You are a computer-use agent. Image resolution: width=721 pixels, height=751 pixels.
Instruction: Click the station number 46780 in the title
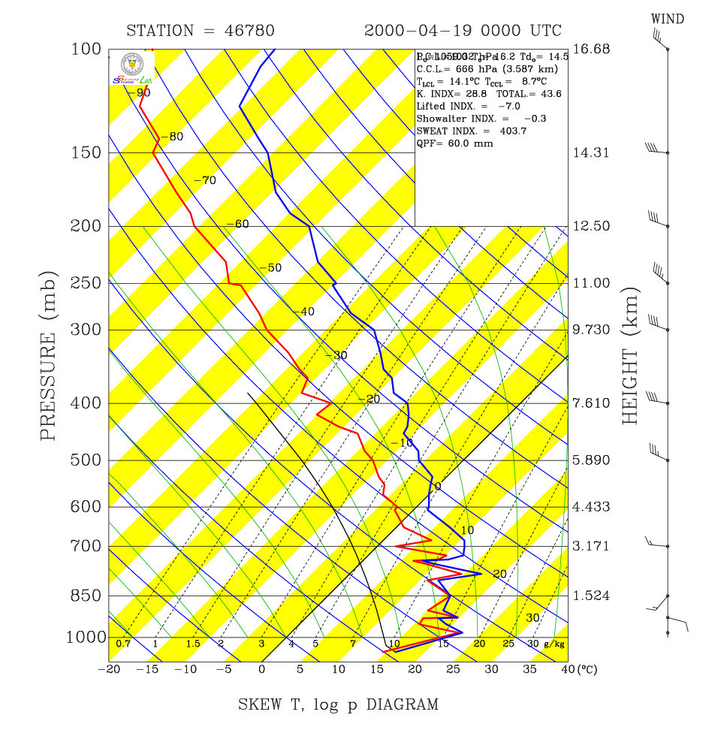(x=249, y=31)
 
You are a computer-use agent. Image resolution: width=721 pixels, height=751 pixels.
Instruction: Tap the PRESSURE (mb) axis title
(x=49, y=342)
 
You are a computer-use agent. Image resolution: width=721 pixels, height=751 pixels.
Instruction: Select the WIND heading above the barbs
(x=667, y=19)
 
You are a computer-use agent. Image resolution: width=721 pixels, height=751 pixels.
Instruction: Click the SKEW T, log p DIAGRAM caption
(x=338, y=704)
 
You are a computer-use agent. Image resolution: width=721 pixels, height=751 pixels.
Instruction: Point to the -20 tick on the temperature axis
(x=110, y=669)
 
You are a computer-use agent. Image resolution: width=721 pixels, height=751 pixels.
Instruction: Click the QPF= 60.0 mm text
(x=454, y=143)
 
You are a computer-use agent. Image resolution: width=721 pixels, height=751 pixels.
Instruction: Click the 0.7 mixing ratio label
(x=124, y=644)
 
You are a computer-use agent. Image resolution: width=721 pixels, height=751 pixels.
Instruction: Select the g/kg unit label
(x=554, y=644)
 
